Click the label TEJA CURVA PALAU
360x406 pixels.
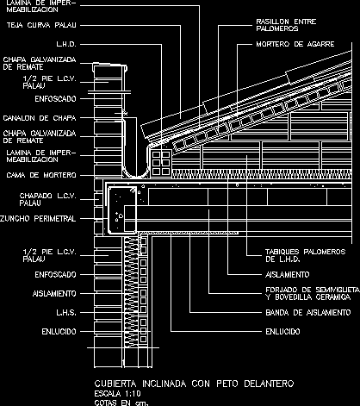tap(41, 25)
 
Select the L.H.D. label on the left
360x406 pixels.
tap(66, 44)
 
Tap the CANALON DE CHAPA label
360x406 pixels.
tap(40, 118)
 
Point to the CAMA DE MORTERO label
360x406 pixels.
tap(41, 175)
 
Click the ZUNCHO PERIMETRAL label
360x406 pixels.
tap(38, 219)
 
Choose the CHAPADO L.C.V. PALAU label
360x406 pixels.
tap(48, 199)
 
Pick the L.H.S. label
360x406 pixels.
tap(66, 312)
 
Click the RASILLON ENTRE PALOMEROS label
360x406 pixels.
tap(286, 25)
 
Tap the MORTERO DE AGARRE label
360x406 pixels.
tap(295, 44)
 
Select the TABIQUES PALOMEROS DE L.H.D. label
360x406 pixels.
tap(306, 255)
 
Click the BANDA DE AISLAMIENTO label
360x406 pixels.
tap(308, 312)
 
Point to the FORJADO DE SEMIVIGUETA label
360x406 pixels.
tap(313, 290)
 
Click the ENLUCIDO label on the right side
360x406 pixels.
tap(282, 331)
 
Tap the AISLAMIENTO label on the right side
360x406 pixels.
tap(288, 274)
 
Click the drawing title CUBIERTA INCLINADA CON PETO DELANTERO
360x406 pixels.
tap(195, 384)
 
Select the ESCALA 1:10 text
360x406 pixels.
tap(117, 393)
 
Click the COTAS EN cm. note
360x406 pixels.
tap(121, 403)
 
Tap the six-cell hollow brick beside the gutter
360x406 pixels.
tap(161, 163)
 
